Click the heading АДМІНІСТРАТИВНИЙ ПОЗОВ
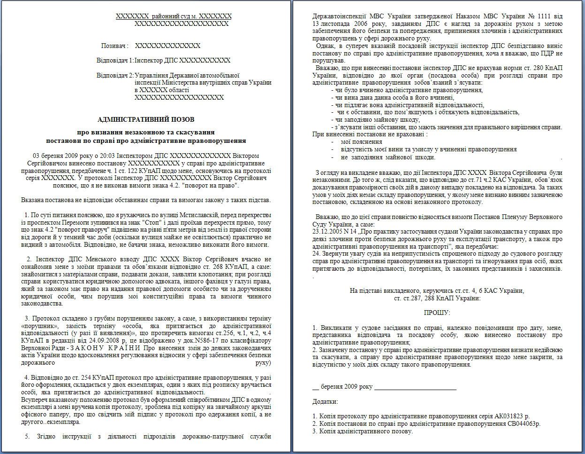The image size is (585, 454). coord(146,119)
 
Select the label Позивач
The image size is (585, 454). coord(114,46)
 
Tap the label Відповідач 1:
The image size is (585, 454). coord(114,61)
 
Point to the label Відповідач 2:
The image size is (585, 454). coord(114,75)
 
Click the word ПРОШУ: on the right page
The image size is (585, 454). coord(437,313)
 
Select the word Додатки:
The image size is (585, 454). coord(325,401)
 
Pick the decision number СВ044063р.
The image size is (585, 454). coord(524,423)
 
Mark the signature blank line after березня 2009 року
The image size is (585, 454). coord(415,387)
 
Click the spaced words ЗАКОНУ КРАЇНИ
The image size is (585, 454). coord(108,348)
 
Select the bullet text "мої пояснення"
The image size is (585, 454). coord(361,141)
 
